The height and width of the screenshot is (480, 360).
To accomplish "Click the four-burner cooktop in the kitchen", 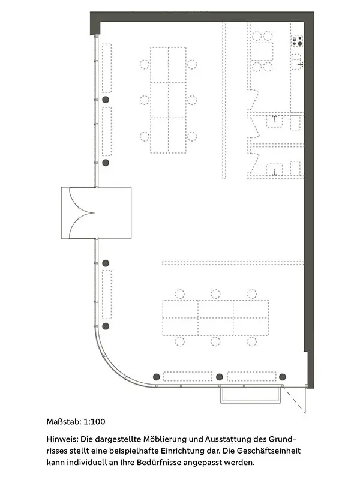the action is (296, 41).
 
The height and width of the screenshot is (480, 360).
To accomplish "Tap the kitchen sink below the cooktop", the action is (296, 62).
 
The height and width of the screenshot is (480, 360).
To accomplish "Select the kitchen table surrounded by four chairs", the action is (262, 52).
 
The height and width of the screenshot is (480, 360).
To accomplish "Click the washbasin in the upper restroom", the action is (274, 121).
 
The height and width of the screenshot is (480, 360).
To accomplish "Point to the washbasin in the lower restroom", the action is (274, 170).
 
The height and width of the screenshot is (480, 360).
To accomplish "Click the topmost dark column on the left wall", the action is (106, 100).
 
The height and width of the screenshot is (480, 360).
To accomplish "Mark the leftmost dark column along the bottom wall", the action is (157, 377).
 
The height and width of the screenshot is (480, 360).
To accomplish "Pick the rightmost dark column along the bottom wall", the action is (283, 377).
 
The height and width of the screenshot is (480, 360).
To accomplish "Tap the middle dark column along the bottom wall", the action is (220, 377).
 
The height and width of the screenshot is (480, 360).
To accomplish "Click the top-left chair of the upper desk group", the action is (145, 64).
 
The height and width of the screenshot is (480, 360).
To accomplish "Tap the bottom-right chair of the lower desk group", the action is (252, 341).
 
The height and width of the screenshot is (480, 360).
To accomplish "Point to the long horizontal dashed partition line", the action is (233, 263).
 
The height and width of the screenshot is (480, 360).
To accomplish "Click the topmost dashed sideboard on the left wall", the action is (107, 68).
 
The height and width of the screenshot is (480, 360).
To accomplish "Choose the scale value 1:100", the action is (94, 422).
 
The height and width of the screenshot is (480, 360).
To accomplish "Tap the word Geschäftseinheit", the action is (269, 451).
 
